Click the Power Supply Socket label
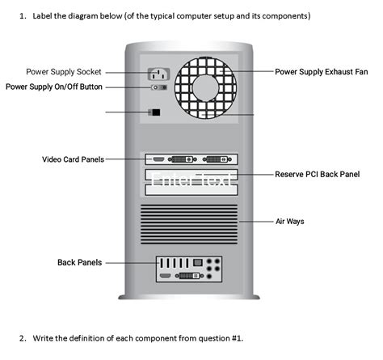click(x=64, y=72)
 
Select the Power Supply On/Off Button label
click(x=54, y=87)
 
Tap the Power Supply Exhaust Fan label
click(x=321, y=72)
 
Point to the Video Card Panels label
click(x=73, y=159)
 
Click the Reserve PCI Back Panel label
click(x=317, y=174)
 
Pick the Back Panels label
click(x=79, y=262)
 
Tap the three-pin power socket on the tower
click(x=157, y=75)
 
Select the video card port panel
click(x=191, y=159)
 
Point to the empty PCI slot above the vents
click(x=191, y=191)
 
